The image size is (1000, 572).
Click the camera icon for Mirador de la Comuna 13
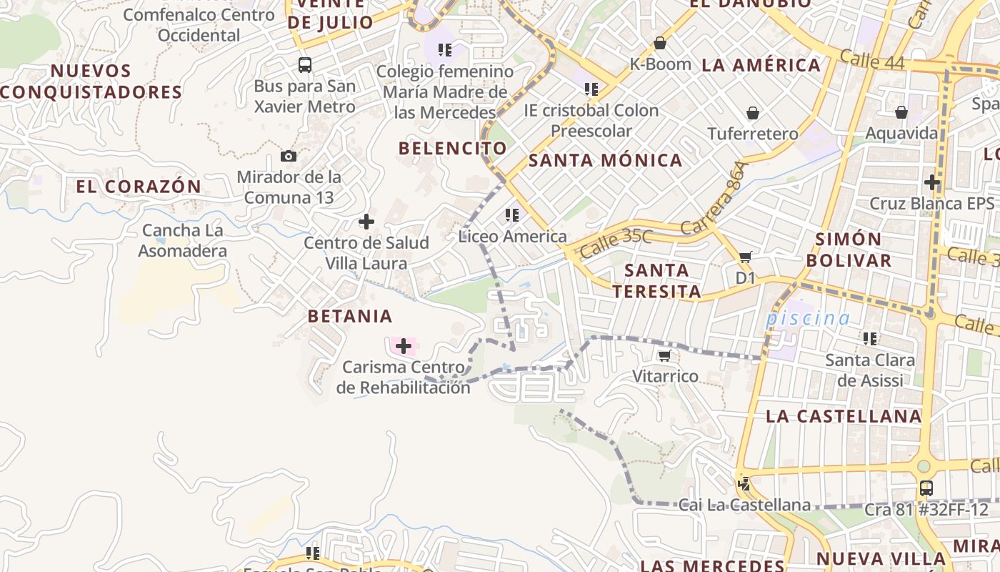coord(289,156)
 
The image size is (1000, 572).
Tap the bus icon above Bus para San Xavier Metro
coord(305,65)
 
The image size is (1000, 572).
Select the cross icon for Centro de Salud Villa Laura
coord(366,222)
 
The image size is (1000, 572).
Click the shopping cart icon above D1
coord(746,257)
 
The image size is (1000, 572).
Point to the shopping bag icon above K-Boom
coord(660,43)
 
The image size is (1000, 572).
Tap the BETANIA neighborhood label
coord(350,316)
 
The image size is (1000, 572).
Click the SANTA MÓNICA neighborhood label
coord(605,160)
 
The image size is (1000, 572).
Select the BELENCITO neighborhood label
coord(453,149)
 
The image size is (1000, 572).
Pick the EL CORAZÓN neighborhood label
coord(139,187)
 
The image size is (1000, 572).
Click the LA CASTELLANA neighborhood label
coord(844,416)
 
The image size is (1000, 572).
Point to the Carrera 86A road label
coord(714,199)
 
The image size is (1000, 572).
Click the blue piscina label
coord(808,318)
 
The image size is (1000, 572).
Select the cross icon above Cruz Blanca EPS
coord(932,182)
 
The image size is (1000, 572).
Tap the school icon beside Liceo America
coord(511,214)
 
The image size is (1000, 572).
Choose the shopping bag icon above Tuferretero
coord(753,113)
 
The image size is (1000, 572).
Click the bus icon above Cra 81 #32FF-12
coord(926,488)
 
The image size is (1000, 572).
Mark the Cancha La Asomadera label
coord(182,241)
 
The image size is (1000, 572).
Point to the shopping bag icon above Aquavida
coord(901,112)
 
